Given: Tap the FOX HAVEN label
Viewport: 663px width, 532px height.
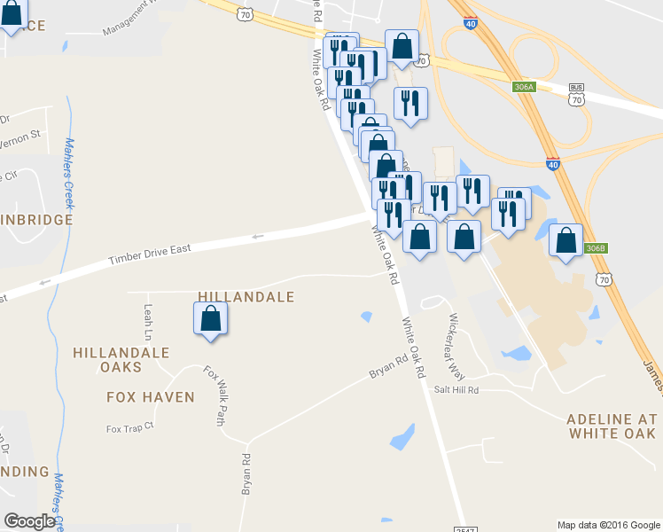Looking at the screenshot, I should tap(151, 397).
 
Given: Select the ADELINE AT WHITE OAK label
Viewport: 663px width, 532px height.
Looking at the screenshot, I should tap(612, 426).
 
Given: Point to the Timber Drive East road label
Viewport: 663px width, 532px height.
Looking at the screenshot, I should tap(150, 254).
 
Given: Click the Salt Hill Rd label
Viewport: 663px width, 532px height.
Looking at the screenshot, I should tap(456, 390).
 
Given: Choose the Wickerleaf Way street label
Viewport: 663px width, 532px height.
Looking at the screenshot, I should tap(456, 345).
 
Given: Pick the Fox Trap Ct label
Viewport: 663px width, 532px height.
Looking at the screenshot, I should tap(130, 428).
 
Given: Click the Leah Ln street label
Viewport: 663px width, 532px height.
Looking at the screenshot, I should tap(148, 325).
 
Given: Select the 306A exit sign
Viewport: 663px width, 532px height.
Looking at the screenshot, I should tap(524, 87).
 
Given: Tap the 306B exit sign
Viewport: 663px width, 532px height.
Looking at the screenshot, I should tap(596, 249).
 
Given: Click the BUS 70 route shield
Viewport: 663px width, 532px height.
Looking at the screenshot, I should tap(577, 95).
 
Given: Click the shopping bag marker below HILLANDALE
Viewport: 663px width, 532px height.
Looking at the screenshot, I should tap(210, 319).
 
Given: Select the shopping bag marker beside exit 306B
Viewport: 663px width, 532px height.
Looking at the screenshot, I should tap(565, 241).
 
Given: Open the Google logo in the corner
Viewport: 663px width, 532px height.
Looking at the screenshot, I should tap(30, 521).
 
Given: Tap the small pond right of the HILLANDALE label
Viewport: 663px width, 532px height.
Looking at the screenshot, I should tap(365, 316).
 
